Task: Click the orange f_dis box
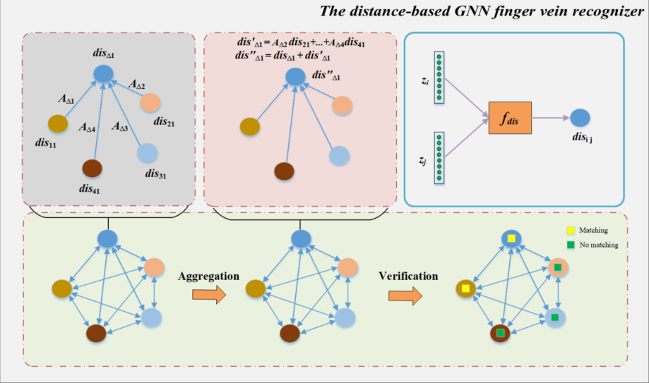click(x=510, y=117)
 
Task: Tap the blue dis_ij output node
click(x=580, y=118)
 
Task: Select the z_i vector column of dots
click(x=439, y=77)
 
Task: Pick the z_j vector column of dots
click(x=439, y=157)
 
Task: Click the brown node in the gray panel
click(x=92, y=169)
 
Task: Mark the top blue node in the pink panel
click(x=299, y=76)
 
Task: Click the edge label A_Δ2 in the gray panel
click(x=137, y=85)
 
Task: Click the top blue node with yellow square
click(x=512, y=239)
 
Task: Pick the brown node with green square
click(x=500, y=332)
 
